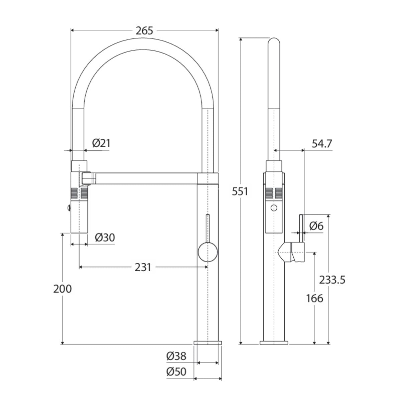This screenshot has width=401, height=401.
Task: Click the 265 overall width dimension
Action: coord(144,31)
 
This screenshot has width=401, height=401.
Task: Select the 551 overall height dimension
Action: coord(240,191)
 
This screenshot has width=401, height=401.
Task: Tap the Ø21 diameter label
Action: coord(101,143)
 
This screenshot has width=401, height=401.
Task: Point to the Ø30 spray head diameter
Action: coord(105,238)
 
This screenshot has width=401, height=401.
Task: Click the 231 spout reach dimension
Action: coord(143,267)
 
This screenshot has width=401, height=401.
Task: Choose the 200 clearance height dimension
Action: coord(62,289)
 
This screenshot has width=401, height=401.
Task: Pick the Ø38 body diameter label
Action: coord(176,356)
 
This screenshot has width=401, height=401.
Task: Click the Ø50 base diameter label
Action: coord(176,372)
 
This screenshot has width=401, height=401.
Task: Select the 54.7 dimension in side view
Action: coord(322,144)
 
